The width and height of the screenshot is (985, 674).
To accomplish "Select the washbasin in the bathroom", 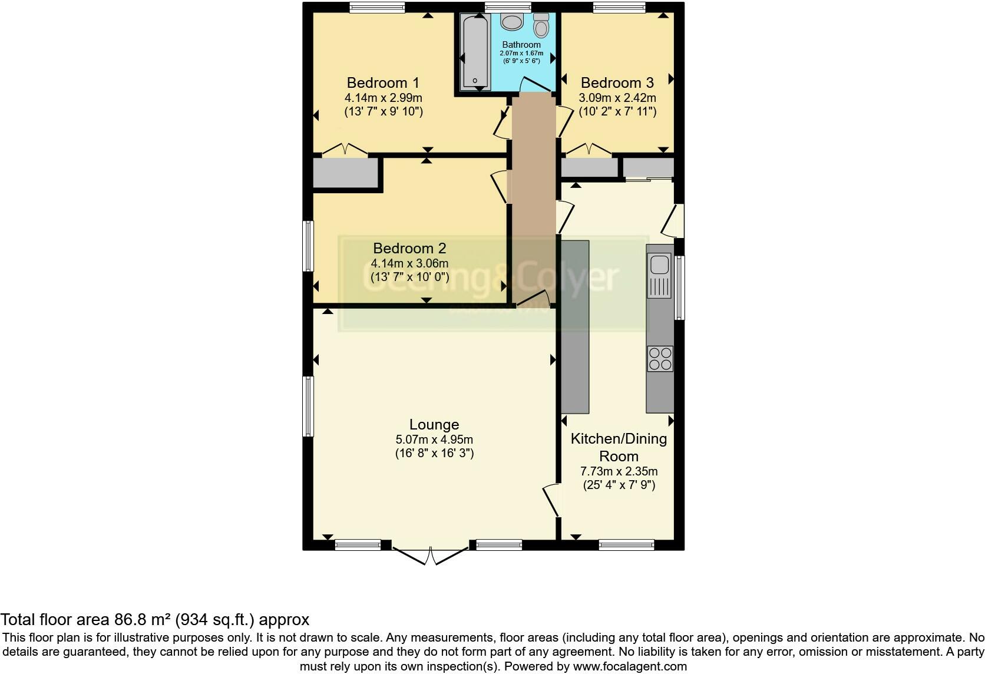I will coord(511,22).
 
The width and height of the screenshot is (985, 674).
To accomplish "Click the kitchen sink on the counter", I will coord(659,265).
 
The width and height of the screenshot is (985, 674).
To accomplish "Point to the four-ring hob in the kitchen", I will coord(660,358).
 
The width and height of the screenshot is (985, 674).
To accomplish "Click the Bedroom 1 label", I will coord(383,82).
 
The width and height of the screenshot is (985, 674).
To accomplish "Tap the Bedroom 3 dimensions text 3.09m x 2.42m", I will coord(617,98).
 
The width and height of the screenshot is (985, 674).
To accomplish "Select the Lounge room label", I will coord(434,424).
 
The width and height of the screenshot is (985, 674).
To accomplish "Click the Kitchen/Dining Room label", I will coord(619,447).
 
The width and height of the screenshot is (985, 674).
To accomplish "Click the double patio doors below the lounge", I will coord(431,556).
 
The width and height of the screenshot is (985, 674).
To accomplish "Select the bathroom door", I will coord(535,87).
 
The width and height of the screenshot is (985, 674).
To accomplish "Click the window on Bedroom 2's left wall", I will coord(308,246).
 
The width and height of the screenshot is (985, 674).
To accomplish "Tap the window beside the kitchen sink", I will coord(679,287).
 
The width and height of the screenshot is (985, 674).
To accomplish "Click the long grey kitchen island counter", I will coord(575,326).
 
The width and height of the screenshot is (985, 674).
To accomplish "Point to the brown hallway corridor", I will coord(533,200).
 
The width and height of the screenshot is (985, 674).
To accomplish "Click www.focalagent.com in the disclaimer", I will coord(629,667).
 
